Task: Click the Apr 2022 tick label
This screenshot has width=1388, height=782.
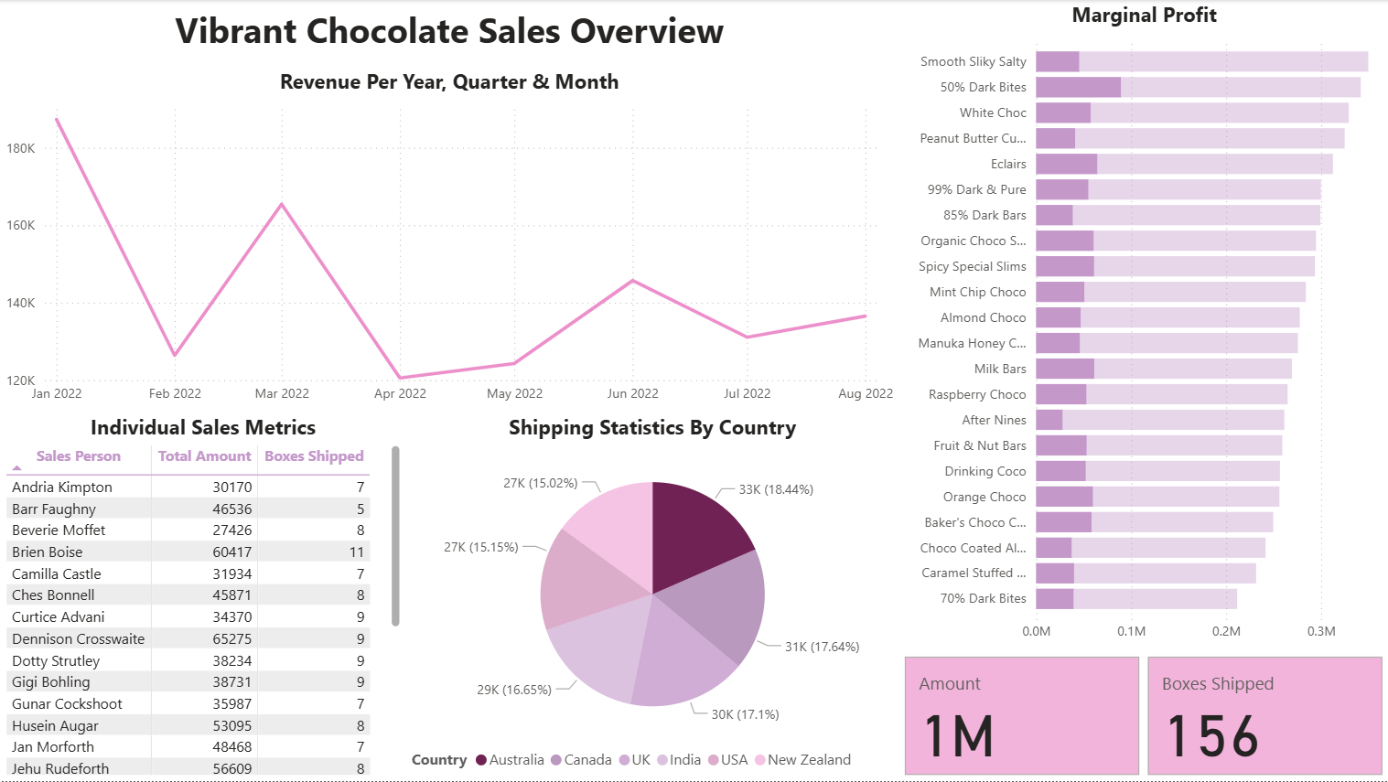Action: point(400,393)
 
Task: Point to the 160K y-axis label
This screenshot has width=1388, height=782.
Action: point(20,225)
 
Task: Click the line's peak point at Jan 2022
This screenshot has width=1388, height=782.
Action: point(57,119)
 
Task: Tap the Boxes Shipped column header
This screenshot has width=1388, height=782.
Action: point(314,456)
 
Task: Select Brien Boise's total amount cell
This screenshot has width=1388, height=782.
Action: point(232,552)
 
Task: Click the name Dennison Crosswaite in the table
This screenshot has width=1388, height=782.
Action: point(78,639)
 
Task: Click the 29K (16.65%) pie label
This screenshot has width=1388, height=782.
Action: point(513,690)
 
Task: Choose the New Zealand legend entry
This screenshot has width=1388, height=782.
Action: point(809,760)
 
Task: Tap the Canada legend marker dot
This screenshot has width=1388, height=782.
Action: point(556,760)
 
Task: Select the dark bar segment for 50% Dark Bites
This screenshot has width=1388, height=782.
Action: point(1078,88)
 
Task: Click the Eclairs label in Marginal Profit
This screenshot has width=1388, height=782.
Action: point(1008,165)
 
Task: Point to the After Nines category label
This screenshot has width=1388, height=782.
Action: point(994,421)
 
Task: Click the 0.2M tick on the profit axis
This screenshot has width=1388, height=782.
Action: point(1226,631)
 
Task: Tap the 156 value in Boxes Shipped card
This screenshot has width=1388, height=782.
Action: point(1212,736)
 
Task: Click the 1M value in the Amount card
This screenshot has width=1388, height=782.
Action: point(958,736)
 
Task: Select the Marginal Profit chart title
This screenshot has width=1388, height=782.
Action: point(1144,16)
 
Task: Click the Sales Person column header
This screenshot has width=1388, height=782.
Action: point(78,456)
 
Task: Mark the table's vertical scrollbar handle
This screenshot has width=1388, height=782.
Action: point(395,536)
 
